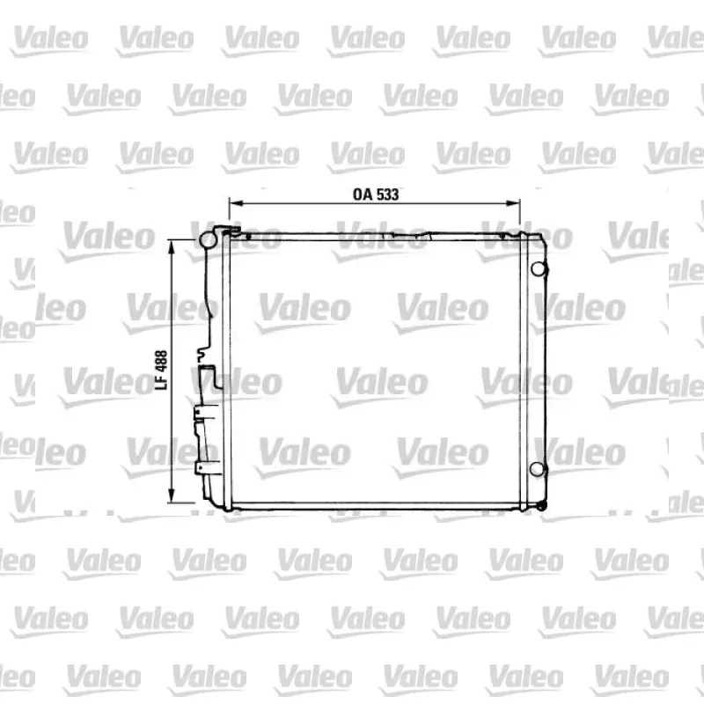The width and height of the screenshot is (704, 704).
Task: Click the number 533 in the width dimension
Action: (x=387, y=194)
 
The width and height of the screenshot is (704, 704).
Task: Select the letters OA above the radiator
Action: (x=363, y=194)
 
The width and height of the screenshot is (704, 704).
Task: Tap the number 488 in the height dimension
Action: (x=161, y=361)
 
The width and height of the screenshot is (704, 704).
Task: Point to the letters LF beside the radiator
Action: (x=161, y=382)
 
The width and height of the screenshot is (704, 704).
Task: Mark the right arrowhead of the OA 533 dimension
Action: (x=513, y=203)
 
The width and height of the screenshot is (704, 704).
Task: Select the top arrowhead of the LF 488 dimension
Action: (x=171, y=247)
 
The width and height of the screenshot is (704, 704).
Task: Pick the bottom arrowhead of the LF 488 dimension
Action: (x=171, y=495)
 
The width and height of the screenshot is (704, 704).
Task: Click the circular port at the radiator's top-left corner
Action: (x=209, y=239)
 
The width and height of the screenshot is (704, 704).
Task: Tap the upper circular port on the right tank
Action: (x=539, y=268)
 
